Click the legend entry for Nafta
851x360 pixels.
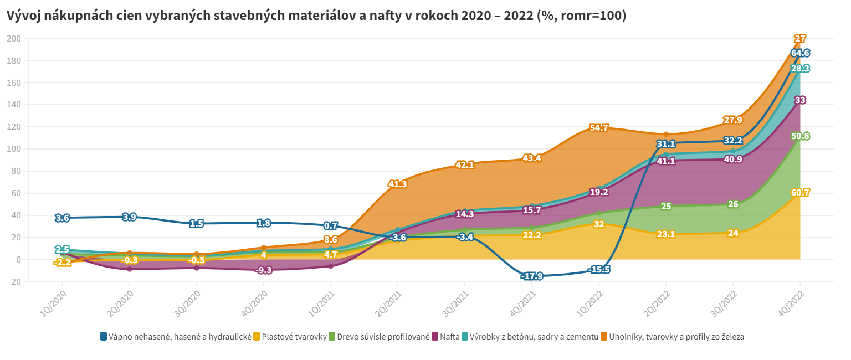click(x=449, y=336)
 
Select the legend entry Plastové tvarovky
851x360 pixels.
click(x=294, y=336)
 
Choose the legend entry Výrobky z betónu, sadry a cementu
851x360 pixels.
click(x=534, y=336)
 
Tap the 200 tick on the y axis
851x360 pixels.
click(x=14, y=38)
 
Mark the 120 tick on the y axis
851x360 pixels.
click(x=14, y=127)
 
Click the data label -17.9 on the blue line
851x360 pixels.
click(x=532, y=276)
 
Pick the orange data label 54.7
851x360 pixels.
click(x=599, y=128)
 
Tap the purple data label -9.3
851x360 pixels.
click(x=264, y=270)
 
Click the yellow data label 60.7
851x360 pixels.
click(x=800, y=193)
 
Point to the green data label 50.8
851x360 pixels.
click(x=800, y=136)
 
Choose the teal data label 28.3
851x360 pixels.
click(x=800, y=69)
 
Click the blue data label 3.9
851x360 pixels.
click(x=129, y=217)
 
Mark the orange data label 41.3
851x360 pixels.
click(x=398, y=184)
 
